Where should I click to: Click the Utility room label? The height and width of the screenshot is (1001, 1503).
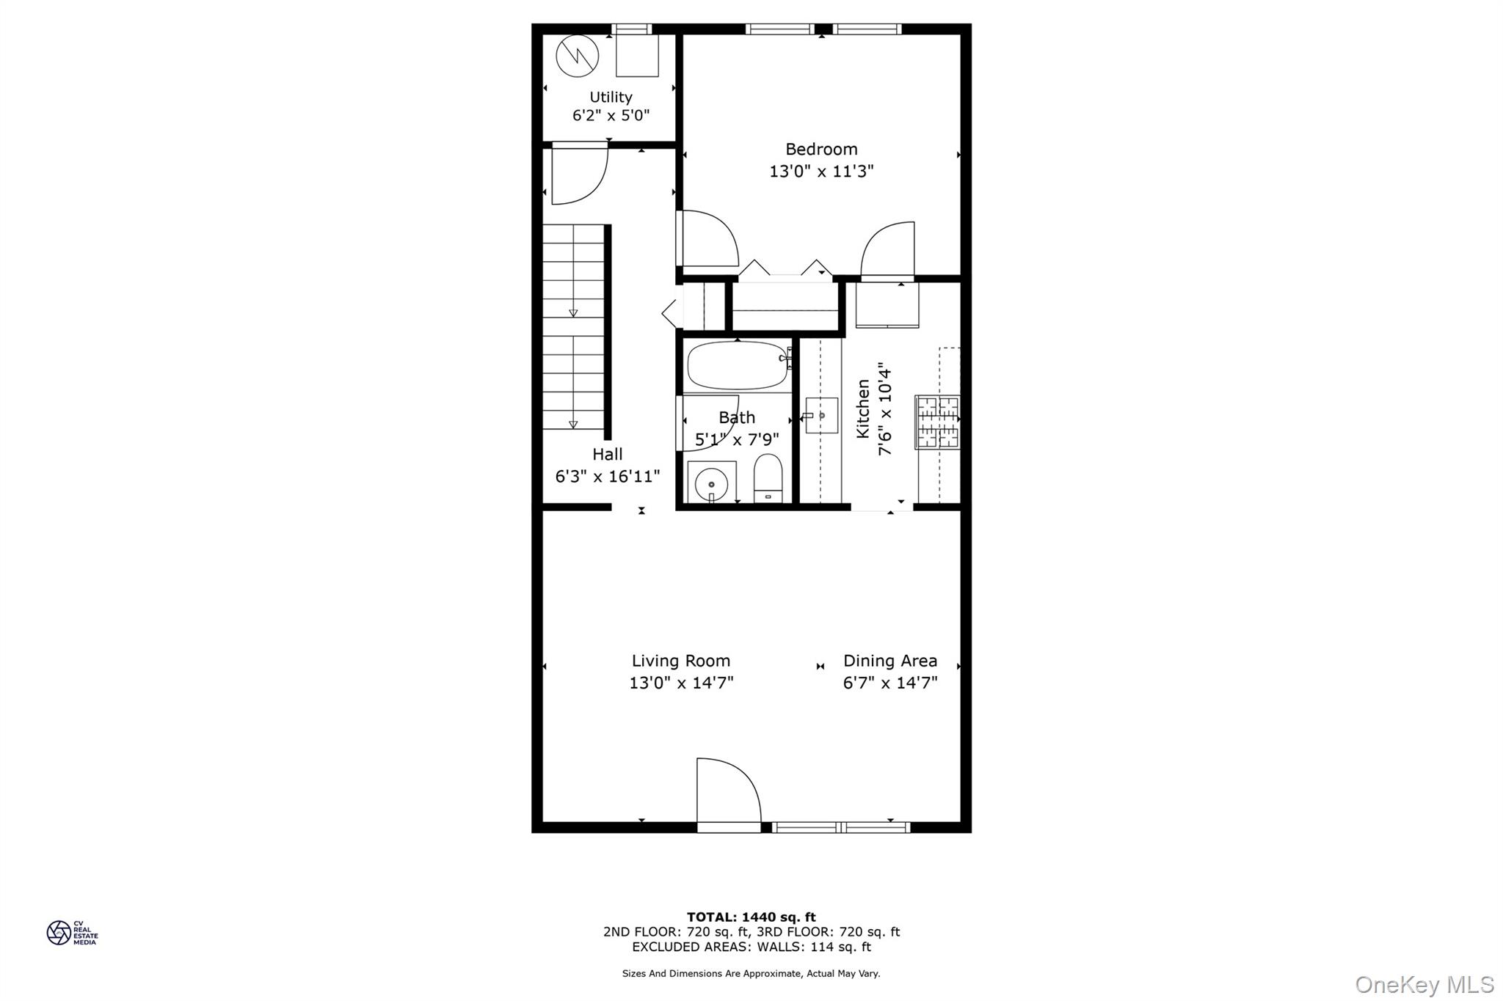pyautogui.click(x=611, y=97)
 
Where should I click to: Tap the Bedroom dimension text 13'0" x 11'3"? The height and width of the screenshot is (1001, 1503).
pyautogui.click(x=821, y=172)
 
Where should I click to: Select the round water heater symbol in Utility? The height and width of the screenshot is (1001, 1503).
pyautogui.click(x=577, y=56)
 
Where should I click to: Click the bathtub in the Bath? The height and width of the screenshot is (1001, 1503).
pyautogui.click(x=738, y=365)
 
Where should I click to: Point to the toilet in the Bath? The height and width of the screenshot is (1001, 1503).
pyautogui.click(x=768, y=477)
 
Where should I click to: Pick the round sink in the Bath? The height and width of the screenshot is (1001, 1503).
pyautogui.click(x=710, y=484)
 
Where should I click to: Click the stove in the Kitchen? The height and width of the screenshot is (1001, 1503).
pyautogui.click(x=937, y=422)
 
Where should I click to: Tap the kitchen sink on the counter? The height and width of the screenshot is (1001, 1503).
pyautogui.click(x=821, y=415)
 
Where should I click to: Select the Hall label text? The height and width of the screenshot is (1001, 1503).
pyautogui.click(x=608, y=455)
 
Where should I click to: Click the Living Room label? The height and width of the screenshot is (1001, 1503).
pyautogui.click(x=681, y=661)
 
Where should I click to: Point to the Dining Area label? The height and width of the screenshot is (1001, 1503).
pyautogui.click(x=890, y=661)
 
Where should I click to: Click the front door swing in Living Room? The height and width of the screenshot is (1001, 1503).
pyautogui.click(x=727, y=792)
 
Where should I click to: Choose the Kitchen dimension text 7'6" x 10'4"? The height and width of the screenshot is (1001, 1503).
pyautogui.click(x=886, y=408)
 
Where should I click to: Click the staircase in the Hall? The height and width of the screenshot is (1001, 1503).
pyautogui.click(x=573, y=327)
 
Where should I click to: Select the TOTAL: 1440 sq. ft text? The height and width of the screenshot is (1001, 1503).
pyautogui.click(x=751, y=917)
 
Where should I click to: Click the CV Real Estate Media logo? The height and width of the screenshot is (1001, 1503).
pyautogui.click(x=72, y=933)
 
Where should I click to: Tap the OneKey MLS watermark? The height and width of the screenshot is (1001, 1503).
pyautogui.click(x=1424, y=984)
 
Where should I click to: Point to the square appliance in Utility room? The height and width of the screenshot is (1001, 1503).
pyautogui.click(x=637, y=56)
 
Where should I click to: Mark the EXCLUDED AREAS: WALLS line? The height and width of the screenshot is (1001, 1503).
pyautogui.click(x=751, y=947)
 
